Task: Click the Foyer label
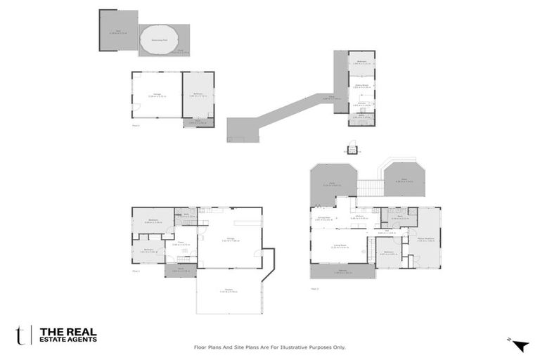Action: click(x=181, y=244)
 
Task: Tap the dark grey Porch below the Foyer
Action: click(x=180, y=270)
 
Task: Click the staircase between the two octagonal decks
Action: click(x=368, y=187)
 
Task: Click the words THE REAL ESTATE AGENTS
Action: click(x=68, y=334)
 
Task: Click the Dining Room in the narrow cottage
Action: click(x=361, y=87)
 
